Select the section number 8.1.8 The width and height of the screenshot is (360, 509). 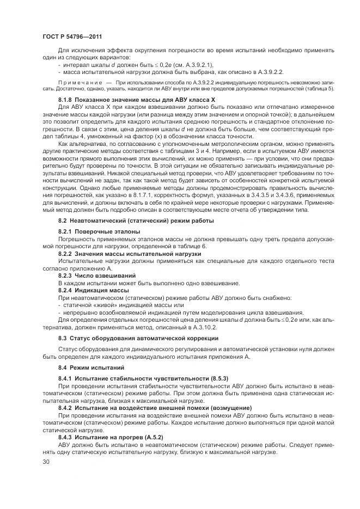(67, 101)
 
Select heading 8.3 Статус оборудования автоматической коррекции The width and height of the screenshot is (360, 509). (138, 338)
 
